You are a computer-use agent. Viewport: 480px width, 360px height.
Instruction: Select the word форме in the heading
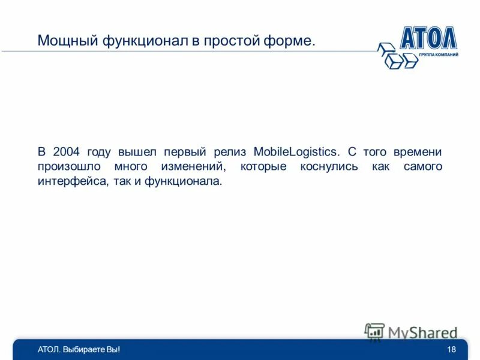pyautogui.click(x=287, y=41)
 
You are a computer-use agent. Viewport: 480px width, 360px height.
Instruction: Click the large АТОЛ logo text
pyautogui.click(x=428, y=38)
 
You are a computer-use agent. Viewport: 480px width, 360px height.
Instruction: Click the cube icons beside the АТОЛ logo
pyautogui.click(x=396, y=56)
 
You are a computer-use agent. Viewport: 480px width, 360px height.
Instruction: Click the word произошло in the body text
pyautogui.click(x=68, y=166)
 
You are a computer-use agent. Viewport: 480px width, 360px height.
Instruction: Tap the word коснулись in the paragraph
pyautogui.click(x=329, y=166)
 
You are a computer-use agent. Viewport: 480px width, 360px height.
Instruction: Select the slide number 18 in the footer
pyautogui.click(x=451, y=350)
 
